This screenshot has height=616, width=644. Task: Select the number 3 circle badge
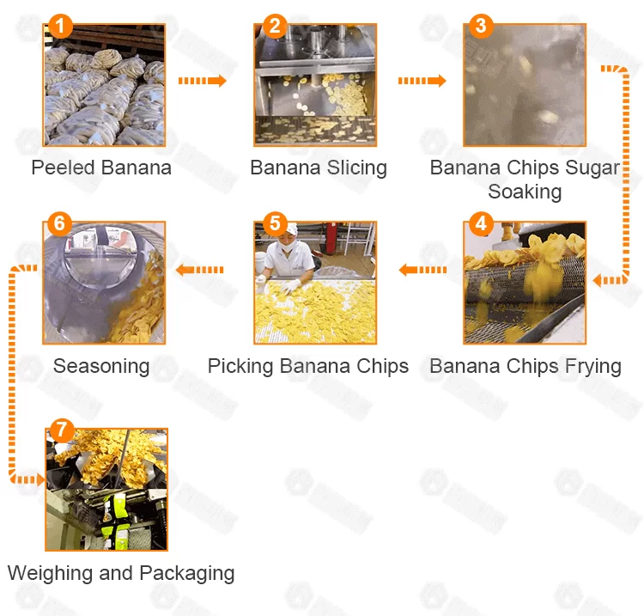[x=480, y=26]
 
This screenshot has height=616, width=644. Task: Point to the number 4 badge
[x=480, y=224]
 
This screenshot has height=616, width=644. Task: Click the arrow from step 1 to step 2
[x=202, y=81]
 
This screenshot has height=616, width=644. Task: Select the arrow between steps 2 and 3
[x=422, y=81]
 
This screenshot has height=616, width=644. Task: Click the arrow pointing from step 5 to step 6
[x=200, y=270]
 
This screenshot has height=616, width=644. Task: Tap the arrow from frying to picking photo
[x=422, y=270]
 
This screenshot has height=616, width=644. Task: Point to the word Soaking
[x=525, y=192]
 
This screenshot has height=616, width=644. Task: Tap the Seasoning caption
[x=101, y=367]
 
